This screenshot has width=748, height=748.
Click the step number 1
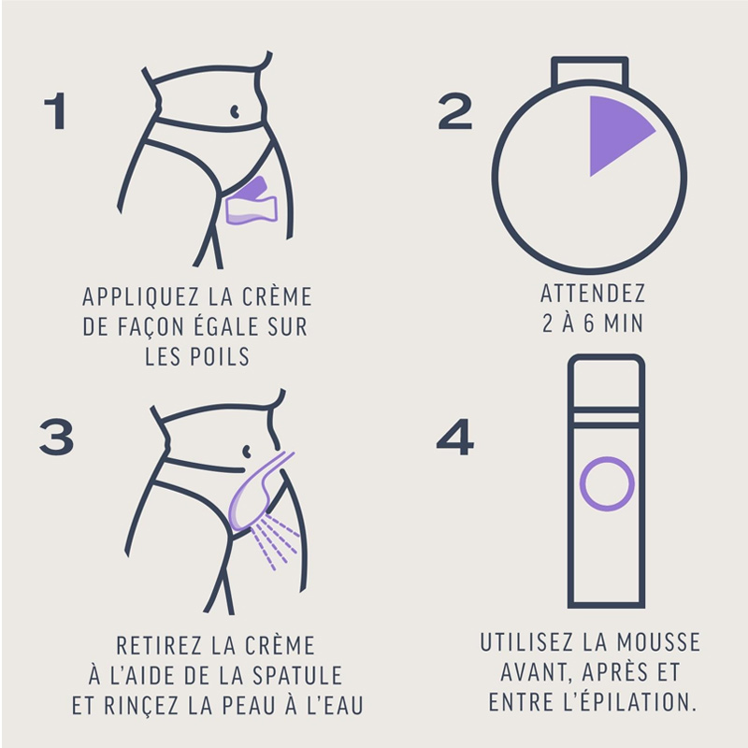tap(56, 110)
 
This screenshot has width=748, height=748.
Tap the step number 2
tap(455, 110)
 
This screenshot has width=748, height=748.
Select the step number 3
tap(56, 437)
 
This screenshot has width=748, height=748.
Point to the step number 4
tap(455, 437)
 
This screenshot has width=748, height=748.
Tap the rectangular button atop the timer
tap(590, 72)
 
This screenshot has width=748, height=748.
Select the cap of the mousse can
tap(606, 381)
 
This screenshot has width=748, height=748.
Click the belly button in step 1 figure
tap(235, 111)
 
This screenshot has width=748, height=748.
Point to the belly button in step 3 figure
tap(247, 451)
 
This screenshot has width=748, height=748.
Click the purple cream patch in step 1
tap(252, 201)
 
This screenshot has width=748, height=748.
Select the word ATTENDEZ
tap(593, 293)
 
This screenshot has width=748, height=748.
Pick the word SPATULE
tap(297, 675)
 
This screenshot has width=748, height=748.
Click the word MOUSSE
tap(658, 641)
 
